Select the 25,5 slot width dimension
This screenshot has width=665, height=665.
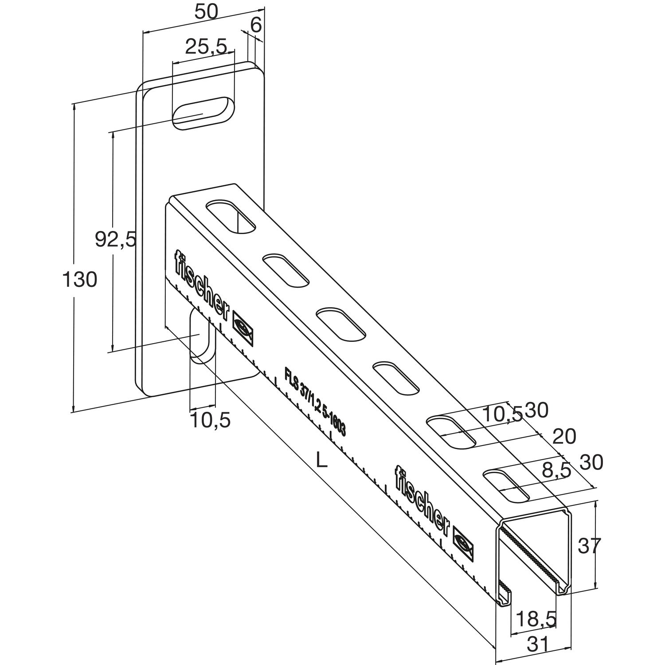(206, 46)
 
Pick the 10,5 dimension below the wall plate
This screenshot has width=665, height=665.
(210, 419)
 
